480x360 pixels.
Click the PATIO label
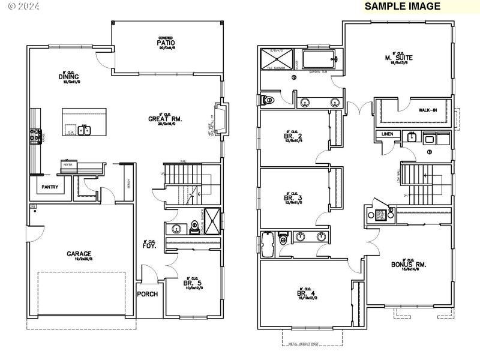[x=166, y=43]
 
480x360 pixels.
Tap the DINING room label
[x=65, y=76]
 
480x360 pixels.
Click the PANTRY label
[x=50, y=187]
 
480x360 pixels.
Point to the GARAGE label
[x=79, y=254]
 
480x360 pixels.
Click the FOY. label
[x=149, y=245]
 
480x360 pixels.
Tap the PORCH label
[x=147, y=294]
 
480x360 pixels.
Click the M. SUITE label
[x=399, y=58]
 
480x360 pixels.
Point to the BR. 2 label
[x=293, y=136]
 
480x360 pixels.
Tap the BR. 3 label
[x=293, y=198]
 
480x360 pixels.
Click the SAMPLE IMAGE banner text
[x=403, y=7]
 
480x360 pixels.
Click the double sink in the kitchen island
[x=85, y=130]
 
